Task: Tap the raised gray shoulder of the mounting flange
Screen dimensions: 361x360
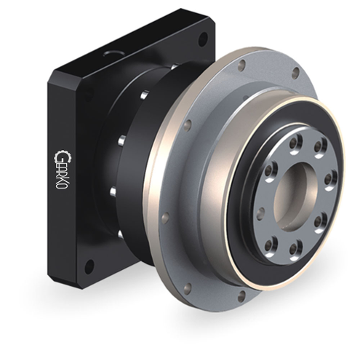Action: pos(218,146)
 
